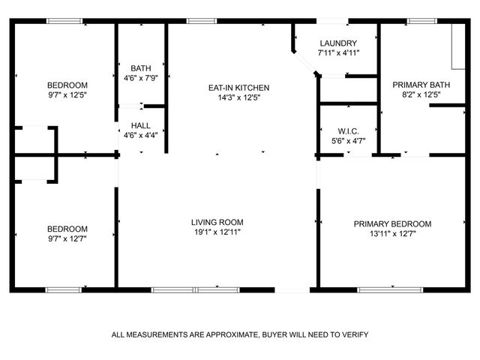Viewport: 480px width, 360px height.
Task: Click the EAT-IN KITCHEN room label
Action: (238, 88)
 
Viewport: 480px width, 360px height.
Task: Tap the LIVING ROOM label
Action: (217, 223)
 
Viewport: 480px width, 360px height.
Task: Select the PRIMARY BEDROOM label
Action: (392, 224)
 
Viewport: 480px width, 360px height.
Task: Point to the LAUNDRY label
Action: (337, 43)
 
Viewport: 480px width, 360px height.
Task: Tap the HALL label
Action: (139, 125)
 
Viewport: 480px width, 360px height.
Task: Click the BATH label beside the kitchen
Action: (140, 67)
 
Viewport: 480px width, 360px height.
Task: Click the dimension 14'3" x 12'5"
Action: (238, 98)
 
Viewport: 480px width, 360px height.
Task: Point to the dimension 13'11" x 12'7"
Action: (392, 234)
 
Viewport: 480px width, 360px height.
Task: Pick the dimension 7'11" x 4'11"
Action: (338, 53)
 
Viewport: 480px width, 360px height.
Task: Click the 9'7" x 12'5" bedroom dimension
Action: (67, 95)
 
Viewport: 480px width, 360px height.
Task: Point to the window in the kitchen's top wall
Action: (197, 21)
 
